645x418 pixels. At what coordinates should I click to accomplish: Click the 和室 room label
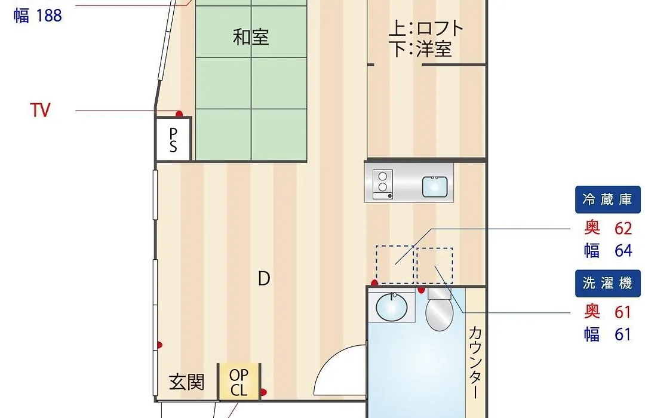pyautogui.click(x=251, y=37)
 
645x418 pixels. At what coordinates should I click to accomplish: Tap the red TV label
pyautogui.click(x=41, y=110)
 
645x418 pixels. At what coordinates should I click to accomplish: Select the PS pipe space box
pyautogui.click(x=173, y=140)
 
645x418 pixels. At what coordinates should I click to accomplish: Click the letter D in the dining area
pyautogui.click(x=264, y=278)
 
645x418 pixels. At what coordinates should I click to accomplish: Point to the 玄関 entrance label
pyautogui.click(x=187, y=382)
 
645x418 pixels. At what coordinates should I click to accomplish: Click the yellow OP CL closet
pyautogui.click(x=239, y=382)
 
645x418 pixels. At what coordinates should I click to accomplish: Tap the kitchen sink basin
pyautogui.click(x=435, y=187)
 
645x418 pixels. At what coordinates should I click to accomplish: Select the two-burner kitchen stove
pyautogui.click(x=383, y=185)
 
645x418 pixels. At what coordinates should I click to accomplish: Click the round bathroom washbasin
pyautogui.click(x=392, y=306)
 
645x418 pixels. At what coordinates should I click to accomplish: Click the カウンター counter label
pyautogui.click(x=475, y=362)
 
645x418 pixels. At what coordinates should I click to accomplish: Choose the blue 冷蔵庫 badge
pyautogui.click(x=607, y=199)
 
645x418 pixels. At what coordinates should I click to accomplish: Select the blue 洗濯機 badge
pyautogui.click(x=607, y=284)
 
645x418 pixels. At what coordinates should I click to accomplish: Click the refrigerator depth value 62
pyautogui.click(x=623, y=228)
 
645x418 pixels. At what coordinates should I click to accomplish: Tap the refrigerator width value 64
pyautogui.click(x=623, y=251)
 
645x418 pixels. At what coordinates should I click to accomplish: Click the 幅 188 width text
pyautogui.click(x=38, y=16)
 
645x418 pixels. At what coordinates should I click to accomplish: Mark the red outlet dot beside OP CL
pyautogui.click(x=263, y=392)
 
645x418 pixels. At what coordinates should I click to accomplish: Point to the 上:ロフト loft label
pyautogui.click(x=426, y=29)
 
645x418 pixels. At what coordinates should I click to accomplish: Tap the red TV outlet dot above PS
pyautogui.click(x=179, y=113)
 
